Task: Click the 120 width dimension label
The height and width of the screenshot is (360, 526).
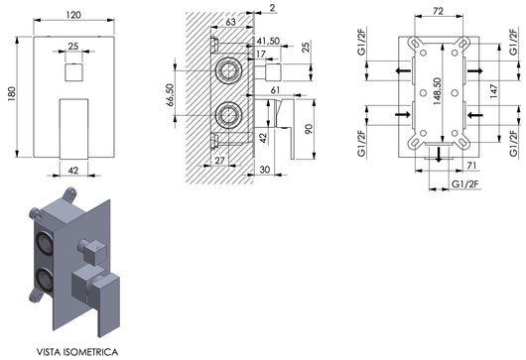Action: (x=73, y=15)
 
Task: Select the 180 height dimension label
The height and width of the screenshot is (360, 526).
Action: (x=11, y=94)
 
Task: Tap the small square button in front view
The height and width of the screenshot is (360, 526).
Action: (x=73, y=72)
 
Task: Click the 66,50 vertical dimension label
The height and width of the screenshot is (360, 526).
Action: (x=170, y=95)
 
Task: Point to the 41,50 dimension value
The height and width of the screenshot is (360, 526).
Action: (x=268, y=41)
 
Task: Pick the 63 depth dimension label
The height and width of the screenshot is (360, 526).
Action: (x=230, y=22)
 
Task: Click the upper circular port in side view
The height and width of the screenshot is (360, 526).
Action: (x=228, y=70)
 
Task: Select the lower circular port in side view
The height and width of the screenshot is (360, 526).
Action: (x=228, y=115)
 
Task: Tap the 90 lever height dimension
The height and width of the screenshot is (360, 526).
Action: (x=309, y=129)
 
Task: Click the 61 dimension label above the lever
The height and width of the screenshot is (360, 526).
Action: (x=275, y=90)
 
